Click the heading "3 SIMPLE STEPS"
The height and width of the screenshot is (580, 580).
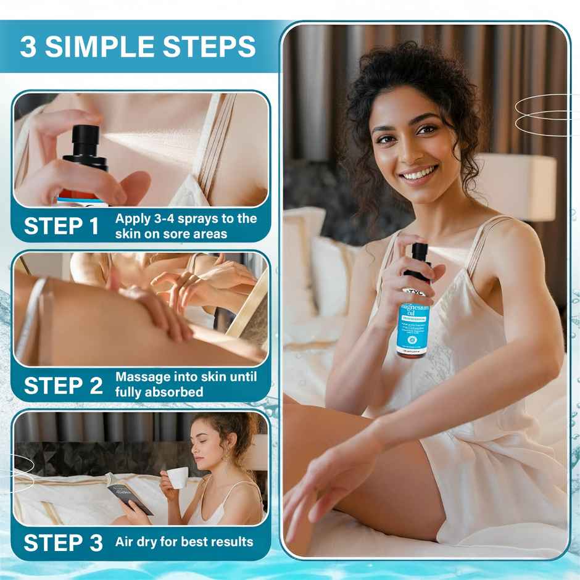coord(138,46)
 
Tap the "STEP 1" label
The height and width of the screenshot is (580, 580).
coord(62,226)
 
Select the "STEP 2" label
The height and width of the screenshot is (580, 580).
coord(63,385)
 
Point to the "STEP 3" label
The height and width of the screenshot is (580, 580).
coord(63,543)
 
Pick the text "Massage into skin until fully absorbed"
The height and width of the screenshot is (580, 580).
coord(186,384)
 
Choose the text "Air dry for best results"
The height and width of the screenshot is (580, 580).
coord(184,542)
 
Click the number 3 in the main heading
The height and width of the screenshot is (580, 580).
coord(28,47)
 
